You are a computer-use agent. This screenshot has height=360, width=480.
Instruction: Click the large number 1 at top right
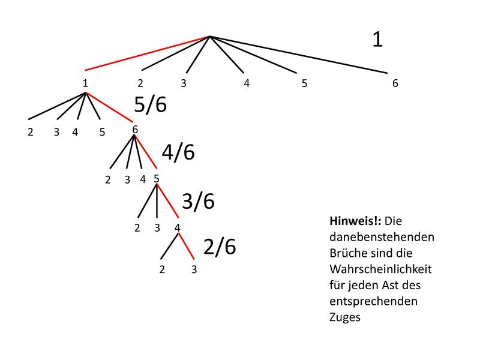377,40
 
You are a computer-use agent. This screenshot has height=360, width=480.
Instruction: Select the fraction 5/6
150,105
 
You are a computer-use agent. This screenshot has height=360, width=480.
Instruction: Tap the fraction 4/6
178,152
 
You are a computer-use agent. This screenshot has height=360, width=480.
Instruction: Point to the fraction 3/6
198,201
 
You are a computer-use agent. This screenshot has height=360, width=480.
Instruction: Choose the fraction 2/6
220,247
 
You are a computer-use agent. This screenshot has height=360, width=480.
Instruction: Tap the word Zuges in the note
345,317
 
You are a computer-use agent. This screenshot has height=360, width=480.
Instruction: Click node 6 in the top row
395,83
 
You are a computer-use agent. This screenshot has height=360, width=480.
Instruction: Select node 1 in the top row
85,83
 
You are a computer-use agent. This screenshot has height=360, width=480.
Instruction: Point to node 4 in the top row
247,83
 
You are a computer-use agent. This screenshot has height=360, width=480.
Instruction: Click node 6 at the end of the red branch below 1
135,129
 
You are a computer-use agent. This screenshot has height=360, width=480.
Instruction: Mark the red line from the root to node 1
147,54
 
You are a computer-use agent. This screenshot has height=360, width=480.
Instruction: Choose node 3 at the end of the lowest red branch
194,269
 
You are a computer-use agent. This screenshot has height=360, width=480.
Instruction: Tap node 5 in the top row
304,83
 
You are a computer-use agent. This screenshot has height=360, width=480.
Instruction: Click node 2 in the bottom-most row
162,269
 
